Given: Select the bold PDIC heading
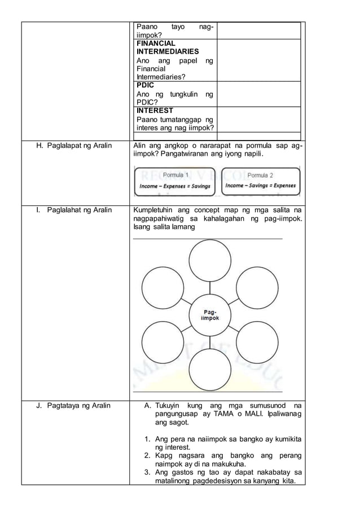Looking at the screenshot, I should tap(145, 85).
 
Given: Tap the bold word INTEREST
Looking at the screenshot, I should tap(155, 111).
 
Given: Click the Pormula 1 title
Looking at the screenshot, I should tap(175, 175).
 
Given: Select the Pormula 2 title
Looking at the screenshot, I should tap(260, 175).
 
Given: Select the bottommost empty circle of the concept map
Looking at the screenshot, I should tap(210, 370).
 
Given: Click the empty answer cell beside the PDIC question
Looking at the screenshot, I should tap(258, 94).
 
